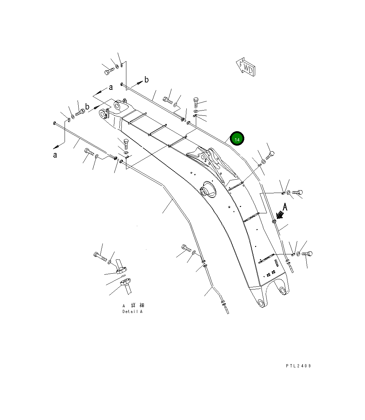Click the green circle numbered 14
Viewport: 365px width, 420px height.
(237, 139)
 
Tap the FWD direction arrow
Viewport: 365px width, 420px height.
(246, 67)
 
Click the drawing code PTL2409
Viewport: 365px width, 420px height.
(298, 366)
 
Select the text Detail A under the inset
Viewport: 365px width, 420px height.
(132, 312)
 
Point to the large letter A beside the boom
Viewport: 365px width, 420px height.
(285, 207)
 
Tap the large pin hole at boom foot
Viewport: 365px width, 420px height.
(284, 290)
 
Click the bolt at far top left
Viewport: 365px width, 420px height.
(108, 71)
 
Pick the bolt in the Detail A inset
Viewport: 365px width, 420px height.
(100, 256)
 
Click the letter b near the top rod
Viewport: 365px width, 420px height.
(146, 80)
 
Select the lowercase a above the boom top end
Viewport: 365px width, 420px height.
(111, 87)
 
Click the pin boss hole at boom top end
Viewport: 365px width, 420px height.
(118, 105)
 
